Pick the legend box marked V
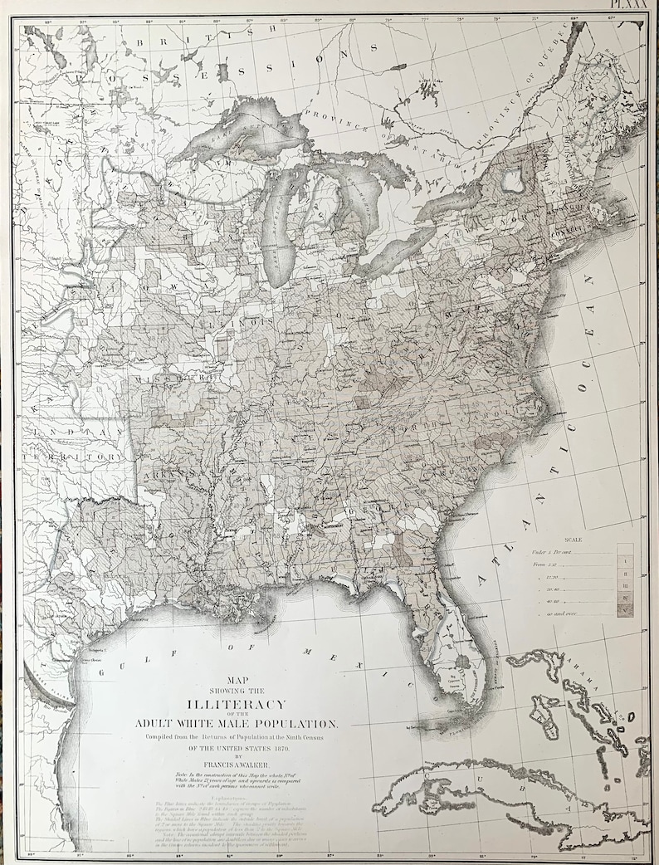point(625,612)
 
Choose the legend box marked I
point(625,562)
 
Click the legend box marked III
point(625,586)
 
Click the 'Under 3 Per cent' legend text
point(552,551)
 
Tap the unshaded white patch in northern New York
point(512,177)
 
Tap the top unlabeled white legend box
point(625,550)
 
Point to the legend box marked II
point(625,574)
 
